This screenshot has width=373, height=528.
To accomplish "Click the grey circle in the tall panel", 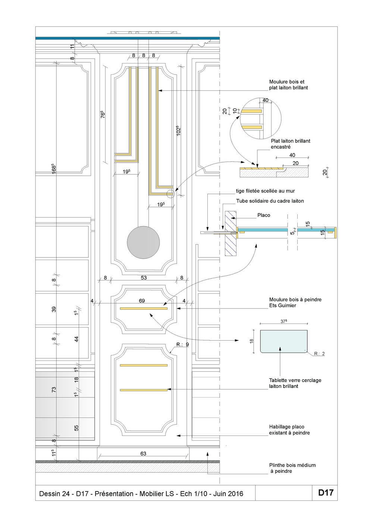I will coord(143,242).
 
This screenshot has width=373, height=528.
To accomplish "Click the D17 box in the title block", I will coord(325,493).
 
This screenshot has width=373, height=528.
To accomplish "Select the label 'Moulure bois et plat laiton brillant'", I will coord(288,85).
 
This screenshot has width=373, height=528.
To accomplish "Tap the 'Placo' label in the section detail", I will coord(263,215).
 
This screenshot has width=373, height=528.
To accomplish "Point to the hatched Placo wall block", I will coord(231,233).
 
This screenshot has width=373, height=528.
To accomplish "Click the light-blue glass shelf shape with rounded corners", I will coord(283,341).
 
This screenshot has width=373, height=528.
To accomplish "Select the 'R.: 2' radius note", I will coord(319,353).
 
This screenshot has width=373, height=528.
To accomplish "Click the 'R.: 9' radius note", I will coord(182,344).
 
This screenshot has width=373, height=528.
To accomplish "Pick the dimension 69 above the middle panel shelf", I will coord(142,301).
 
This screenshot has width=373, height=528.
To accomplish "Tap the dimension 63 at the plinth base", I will coord(143,454).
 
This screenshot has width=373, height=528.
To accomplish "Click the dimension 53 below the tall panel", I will coord(144,278).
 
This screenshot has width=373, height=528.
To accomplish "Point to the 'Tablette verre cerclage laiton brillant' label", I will coord(295,383).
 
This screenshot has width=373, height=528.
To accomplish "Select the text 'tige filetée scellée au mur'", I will coord(265,191).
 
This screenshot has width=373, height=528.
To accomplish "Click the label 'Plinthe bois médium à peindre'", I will coord(292,468).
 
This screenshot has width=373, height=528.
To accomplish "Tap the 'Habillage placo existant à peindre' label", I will coord(289,430).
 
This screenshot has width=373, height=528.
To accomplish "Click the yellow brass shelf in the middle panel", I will coord(144,309).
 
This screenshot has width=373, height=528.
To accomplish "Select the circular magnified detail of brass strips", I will coord(260,119).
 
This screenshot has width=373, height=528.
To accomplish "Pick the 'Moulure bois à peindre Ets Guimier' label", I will coord(295,303).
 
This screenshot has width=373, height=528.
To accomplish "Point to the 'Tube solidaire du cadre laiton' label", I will coord(270,201).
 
